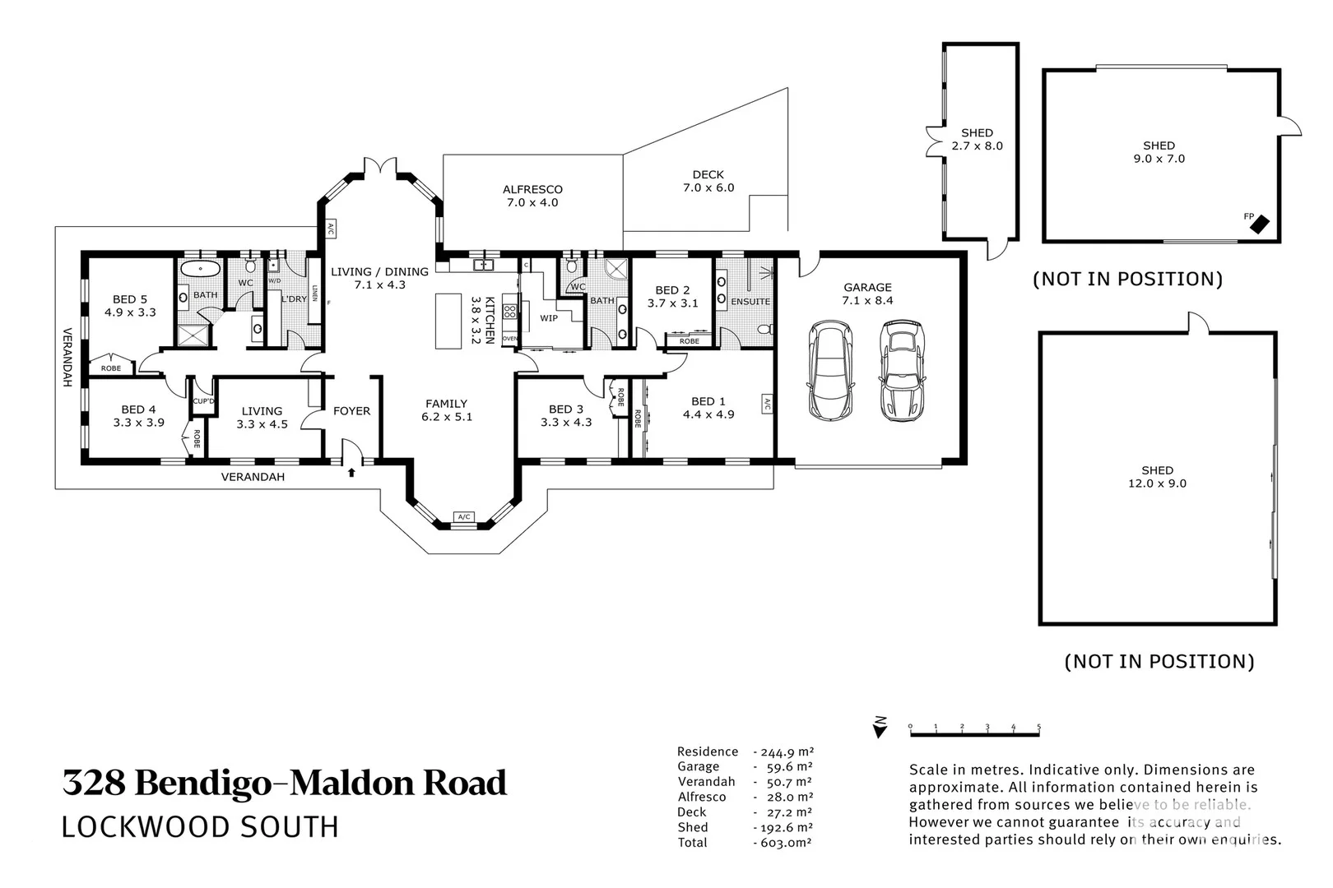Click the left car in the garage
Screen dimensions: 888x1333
coord(830,369)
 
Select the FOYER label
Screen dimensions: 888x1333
coord(351,411)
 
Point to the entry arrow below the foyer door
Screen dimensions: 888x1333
coord(352,472)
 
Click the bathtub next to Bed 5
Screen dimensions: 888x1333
coord(199,269)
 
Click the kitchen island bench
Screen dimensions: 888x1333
coord(448,321)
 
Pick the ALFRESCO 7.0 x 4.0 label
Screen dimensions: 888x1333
coord(532,196)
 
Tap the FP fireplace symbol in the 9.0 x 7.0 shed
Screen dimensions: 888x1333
coord(1259,222)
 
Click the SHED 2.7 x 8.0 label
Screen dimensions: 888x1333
coord(977,139)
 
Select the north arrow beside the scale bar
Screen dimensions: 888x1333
coord(880,727)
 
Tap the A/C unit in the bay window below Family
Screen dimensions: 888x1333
coord(464,516)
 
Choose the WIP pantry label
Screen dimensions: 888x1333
coord(549,317)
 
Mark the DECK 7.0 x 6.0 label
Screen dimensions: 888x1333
coord(708,181)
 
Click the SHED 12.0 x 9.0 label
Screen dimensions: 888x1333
coord(1157,477)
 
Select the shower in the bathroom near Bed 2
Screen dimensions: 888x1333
coord(615,270)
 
